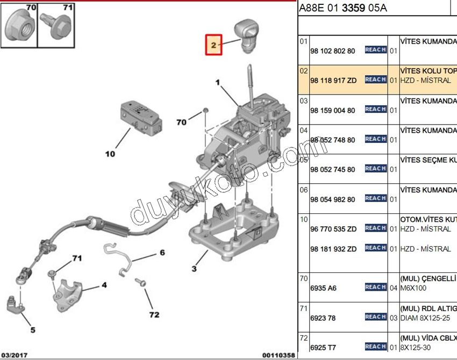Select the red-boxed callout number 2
(x=213, y=45)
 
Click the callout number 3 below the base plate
(x=195, y=269)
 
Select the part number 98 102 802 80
(x=332, y=51)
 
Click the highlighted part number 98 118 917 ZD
(x=333, y=81)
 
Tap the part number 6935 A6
(x=323, y=288)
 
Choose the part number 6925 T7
(x=323, y=348)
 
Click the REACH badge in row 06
(x=375, y=198)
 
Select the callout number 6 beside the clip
(x=161, y=252)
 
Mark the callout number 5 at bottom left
(x=32, y=329)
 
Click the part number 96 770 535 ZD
(x=333, y=229)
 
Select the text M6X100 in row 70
(x=413, y=288)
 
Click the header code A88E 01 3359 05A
(x=342, y=8)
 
